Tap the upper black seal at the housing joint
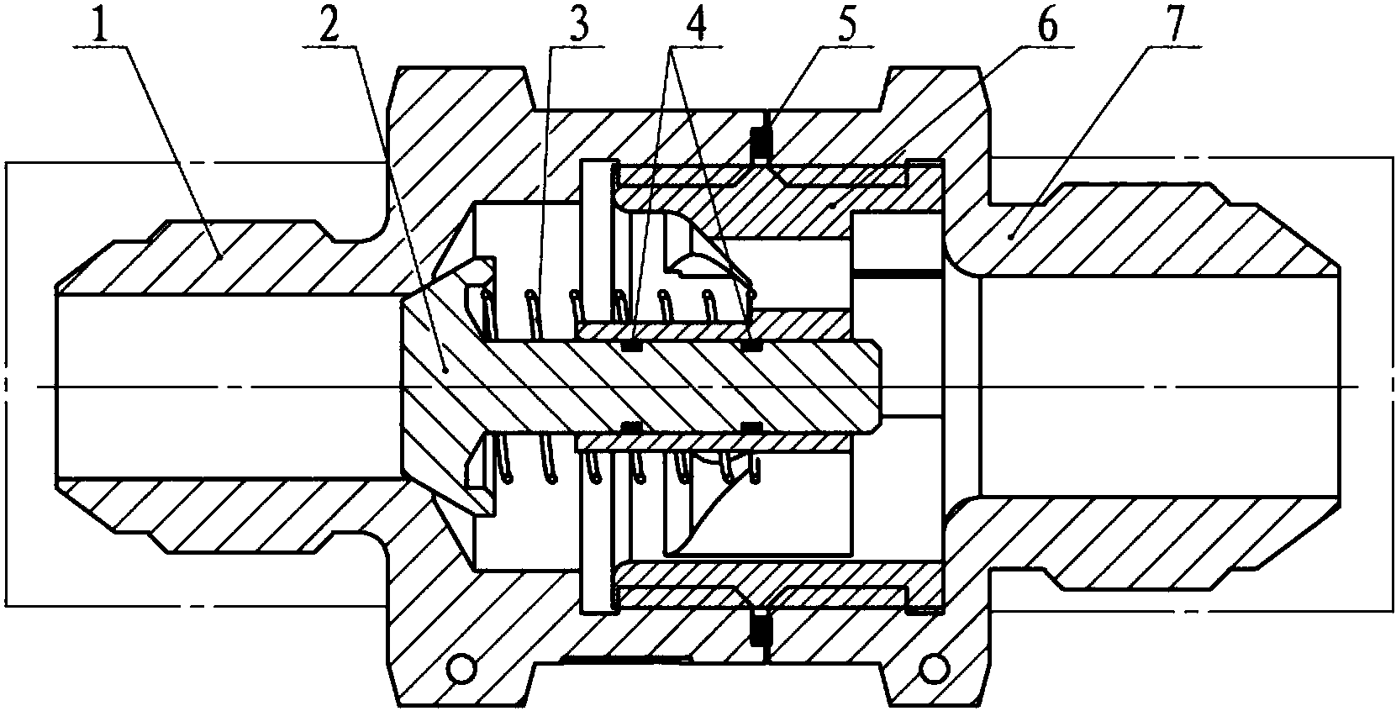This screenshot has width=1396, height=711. [x=760, y=144]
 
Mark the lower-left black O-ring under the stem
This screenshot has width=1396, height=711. [x=632, y=428]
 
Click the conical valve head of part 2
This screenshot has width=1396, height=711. [x=436, y=387]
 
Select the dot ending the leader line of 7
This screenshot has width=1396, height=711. [x=1011, y=236]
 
